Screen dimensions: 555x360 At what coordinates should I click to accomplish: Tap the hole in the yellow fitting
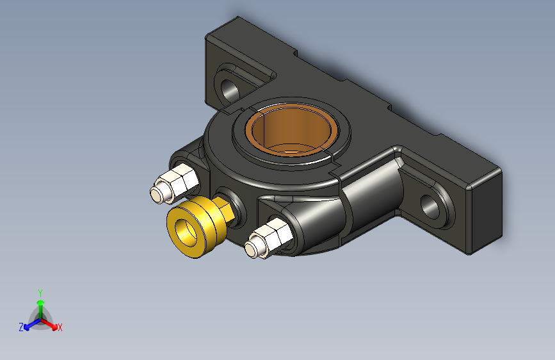coord(186,233)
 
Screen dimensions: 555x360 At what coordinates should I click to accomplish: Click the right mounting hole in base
coord(430,206)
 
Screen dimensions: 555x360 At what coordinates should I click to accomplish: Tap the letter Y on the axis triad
coord(40,293)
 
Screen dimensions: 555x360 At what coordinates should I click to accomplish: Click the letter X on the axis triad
coord(60,328)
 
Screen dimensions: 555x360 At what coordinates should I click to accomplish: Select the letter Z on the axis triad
coord(21,327)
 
